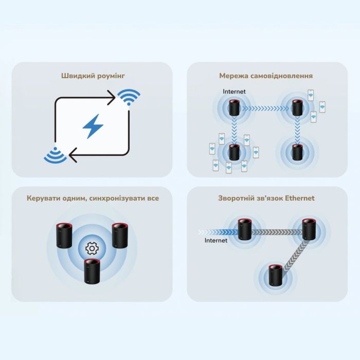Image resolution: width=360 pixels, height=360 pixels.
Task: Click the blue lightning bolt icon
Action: click(93, 126)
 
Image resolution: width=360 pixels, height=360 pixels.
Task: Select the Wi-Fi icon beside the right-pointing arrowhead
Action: click(129, 96)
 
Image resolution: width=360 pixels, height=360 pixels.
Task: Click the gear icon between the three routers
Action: click(92, 249)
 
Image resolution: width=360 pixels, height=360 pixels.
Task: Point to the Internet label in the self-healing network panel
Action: click(234, 92)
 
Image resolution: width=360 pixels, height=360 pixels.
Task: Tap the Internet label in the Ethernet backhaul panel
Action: click(215, 240)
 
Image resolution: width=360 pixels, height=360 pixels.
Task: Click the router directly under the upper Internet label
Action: click(235, 109)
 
